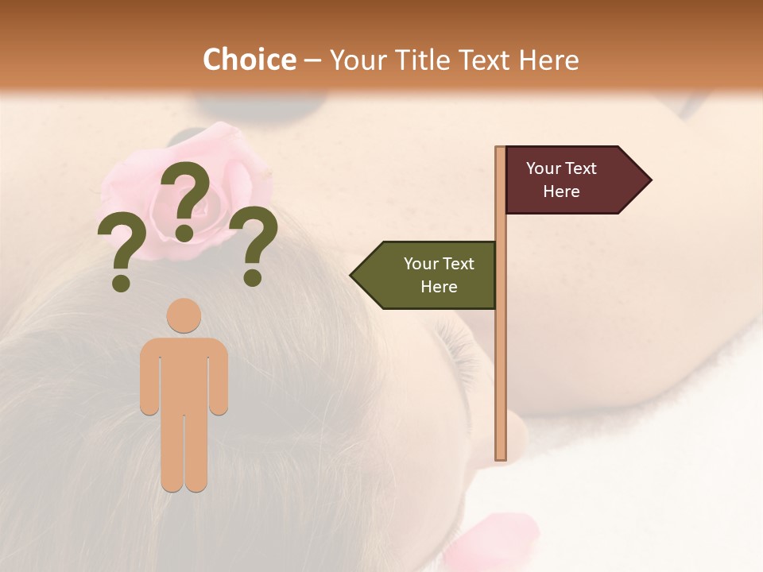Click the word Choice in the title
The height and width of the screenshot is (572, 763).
pyautogui.click(x=249, y=60)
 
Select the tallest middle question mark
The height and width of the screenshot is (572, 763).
pyautogui.click(x=185, y=199)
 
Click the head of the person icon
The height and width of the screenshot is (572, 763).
pyautogui.click(x=184, y=315)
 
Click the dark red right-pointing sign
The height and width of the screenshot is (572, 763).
pyautogui.click(x=568, y=180)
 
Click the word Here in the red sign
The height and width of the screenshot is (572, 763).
pyautogui.click(x=561, y=191)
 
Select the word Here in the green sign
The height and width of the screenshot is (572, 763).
pyautogui.click(x=439, y=287)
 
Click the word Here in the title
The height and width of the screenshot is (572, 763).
pyautogui.click(x=548, y=60)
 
